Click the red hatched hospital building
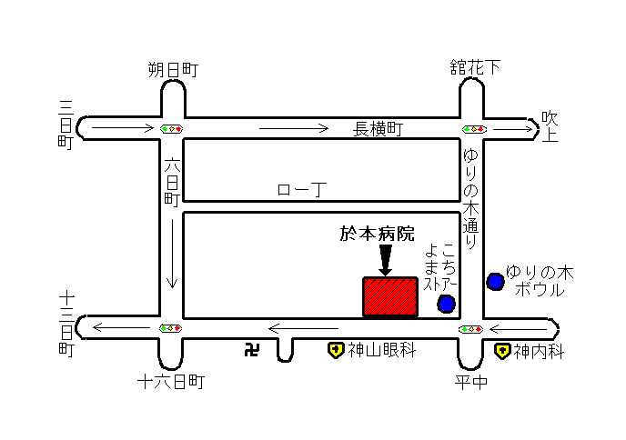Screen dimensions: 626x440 coord(390,297)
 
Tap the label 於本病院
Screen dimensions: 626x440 coord(378,234)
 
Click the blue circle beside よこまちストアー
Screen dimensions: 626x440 coord(446,304)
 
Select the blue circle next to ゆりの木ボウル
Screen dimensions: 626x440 coord(496,282)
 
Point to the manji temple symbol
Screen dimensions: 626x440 coord(252,350)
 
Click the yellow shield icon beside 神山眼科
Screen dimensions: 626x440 coord(336,350)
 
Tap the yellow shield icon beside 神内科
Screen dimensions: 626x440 coord(502,351)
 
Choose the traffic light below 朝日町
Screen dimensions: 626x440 coord(172,129)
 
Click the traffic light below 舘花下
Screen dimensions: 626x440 coord(474,129)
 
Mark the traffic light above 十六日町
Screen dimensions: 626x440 coord(171,328)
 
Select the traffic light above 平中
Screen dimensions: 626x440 coord(471,329)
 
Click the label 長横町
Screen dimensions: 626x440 coord(379,129)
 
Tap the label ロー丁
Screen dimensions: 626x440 coord(302,189)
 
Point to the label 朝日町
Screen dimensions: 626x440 coord(173,70)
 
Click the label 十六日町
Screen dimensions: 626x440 coord(171,382)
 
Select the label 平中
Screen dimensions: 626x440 coord(471,383)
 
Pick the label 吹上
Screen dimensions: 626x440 coord(550,127)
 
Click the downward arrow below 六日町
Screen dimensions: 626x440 coord(172,254)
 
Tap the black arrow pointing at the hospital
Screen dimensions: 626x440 coord(385,260)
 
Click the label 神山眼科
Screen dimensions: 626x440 coord(382,350)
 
